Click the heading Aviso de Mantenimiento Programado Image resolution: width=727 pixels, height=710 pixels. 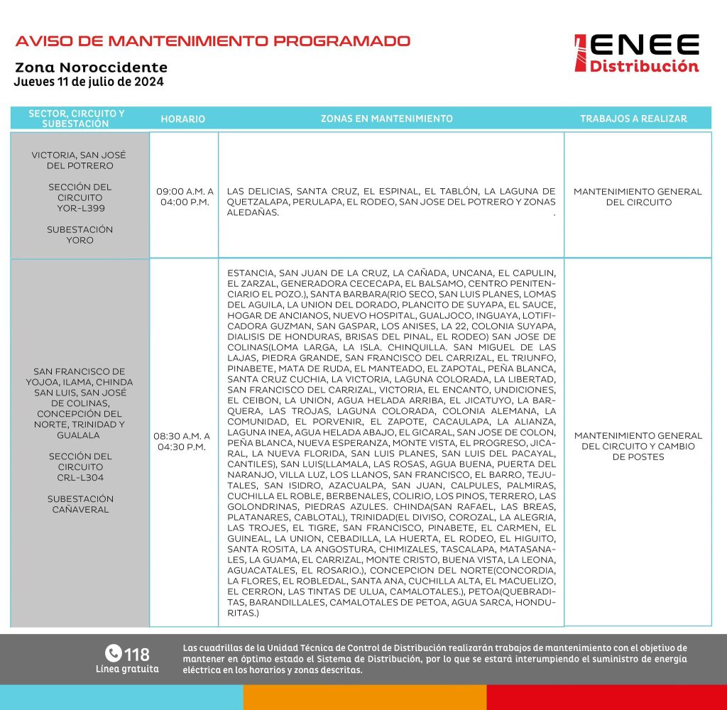coord(213,40)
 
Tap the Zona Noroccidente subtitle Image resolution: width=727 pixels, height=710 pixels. coord(91,68)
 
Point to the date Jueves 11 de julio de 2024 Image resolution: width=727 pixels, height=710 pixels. coord(89,82)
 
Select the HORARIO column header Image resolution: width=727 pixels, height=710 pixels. coord(183,119)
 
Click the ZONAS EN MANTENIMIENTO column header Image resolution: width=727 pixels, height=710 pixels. coord(387,119)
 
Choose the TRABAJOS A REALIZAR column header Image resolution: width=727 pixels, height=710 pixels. coord(633,119)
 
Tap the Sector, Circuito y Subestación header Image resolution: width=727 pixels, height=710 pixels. coord(77,119)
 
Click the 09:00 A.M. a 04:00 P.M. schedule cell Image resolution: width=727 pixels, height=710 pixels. coord(184,197)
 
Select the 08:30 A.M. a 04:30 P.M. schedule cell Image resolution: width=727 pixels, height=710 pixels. coord(183,441)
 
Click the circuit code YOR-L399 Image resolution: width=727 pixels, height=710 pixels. coord(80,208)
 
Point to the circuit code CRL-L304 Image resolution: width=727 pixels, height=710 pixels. coord(80,477)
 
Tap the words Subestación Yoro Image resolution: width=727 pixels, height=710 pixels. coord(80,235)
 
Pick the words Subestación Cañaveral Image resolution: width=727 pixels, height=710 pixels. coord(80,504)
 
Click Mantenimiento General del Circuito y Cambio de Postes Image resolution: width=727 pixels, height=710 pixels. coord(638,446)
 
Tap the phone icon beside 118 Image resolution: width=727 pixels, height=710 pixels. coord(113,652)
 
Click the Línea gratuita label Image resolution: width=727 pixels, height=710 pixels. coord(127,669)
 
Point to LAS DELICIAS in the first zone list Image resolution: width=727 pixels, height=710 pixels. coord(258,191)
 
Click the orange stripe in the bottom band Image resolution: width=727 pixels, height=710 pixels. coord(364,697)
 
